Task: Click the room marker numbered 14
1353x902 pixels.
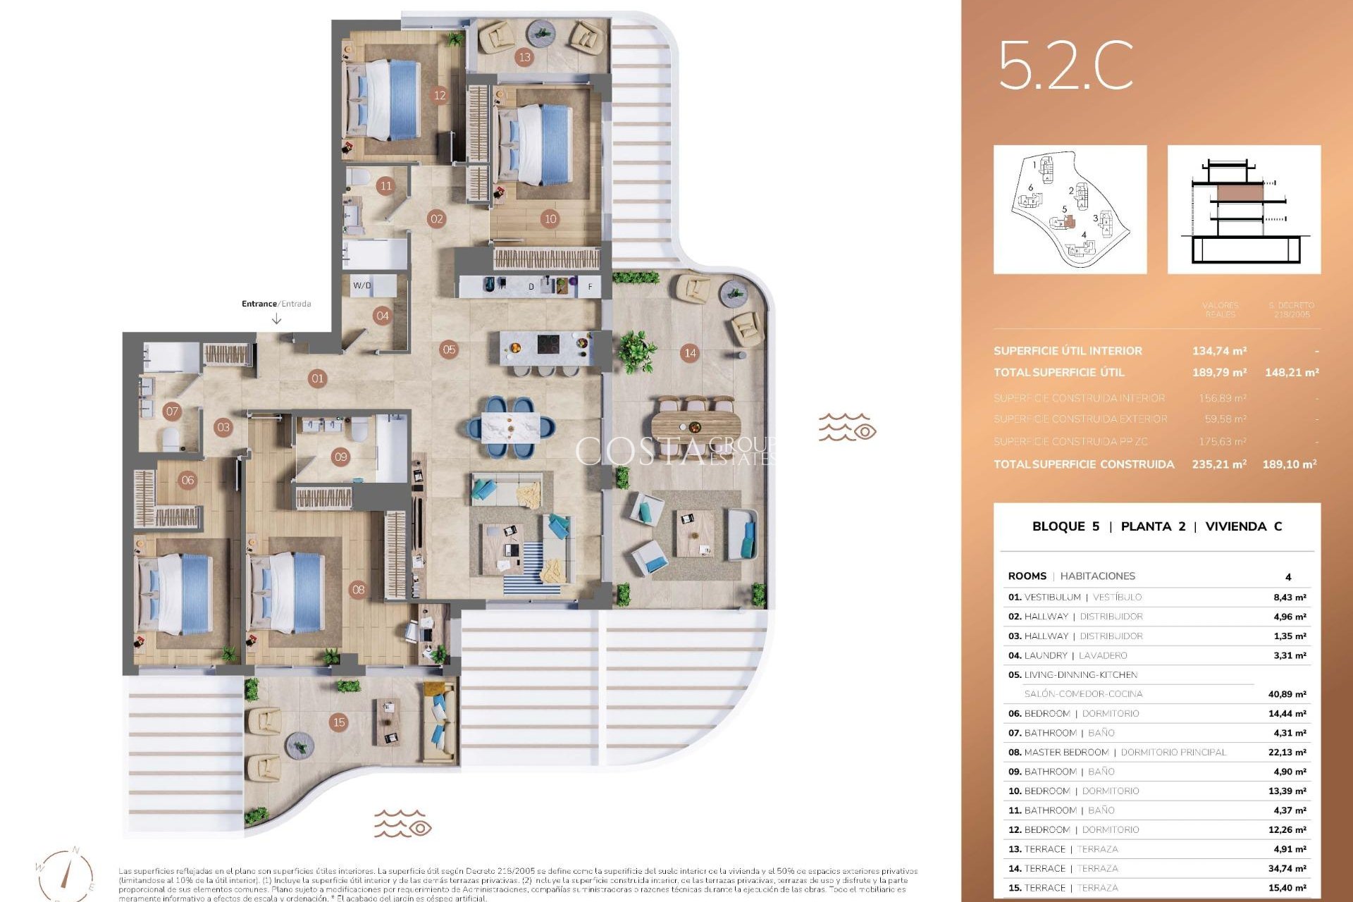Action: (690, 353)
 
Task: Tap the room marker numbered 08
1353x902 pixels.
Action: (358, 589)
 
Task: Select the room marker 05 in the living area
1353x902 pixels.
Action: (449, 349)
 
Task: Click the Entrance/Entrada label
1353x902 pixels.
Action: (276, 304)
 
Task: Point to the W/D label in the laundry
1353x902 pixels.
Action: (362, 285)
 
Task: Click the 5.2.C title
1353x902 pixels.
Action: (1065, 66)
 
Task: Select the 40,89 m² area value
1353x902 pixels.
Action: (1287, 694)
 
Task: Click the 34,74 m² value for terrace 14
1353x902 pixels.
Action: (1287, 869)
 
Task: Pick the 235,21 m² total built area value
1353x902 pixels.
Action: (1219, 464)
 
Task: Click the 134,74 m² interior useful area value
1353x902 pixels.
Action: (1219, 351)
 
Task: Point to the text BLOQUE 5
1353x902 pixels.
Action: (1065, 526)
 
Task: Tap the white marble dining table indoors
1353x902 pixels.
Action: (511, 426)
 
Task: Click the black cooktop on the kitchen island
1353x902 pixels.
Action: (549, 345)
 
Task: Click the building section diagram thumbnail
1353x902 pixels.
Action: (1244, 209)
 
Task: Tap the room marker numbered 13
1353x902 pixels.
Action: (524, 57)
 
